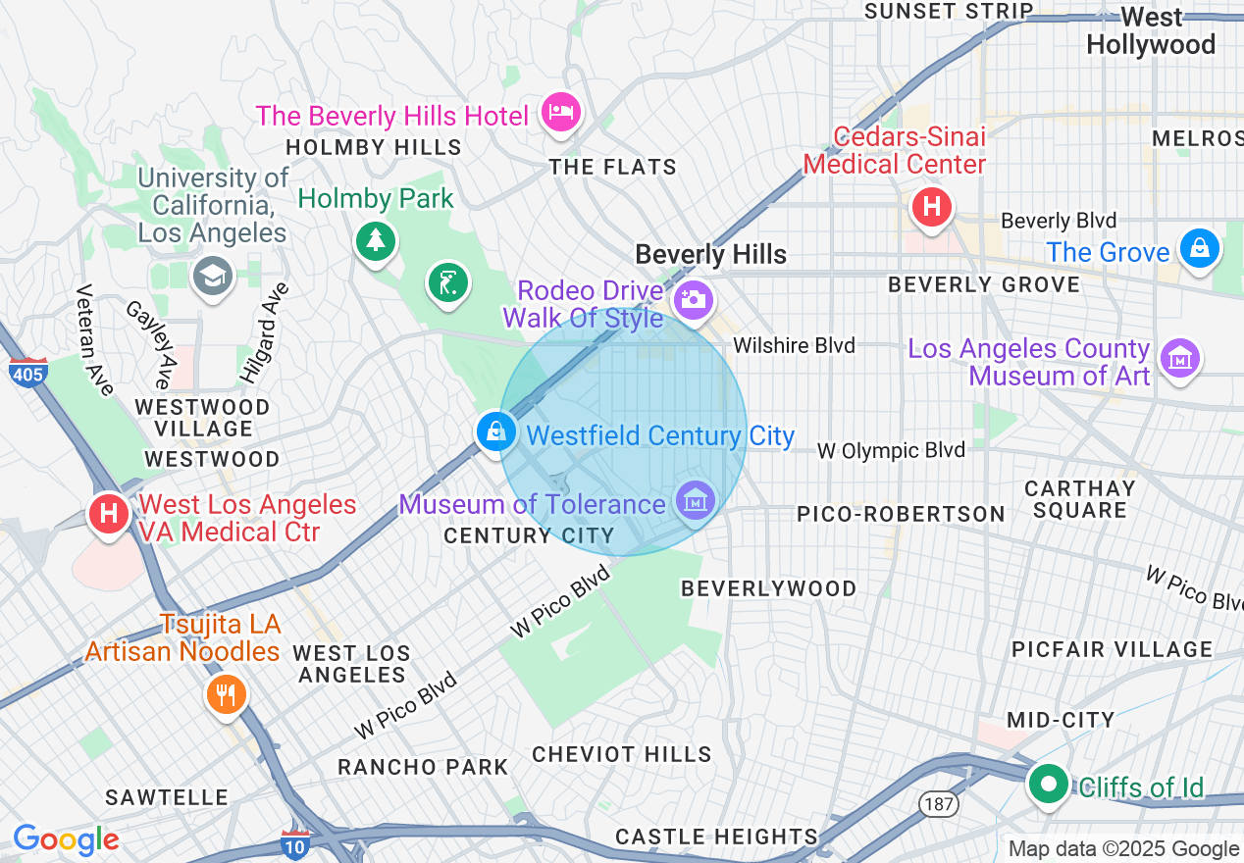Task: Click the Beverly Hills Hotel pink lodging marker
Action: [x=561, y=112]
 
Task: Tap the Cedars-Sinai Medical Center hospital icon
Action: [x=931, y=207]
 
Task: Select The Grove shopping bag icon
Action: [x=1199, y=248]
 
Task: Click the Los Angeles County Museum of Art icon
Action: [x=1180, y=358]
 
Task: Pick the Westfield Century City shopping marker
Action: [x=496, y=431]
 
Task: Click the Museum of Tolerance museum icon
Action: [x=696, y=501]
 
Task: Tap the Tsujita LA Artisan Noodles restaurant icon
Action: [x=227, y=695]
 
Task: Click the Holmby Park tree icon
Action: [x=375, y=240]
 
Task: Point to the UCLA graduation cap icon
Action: [x=212, y=276]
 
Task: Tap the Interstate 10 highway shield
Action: [x=294, y=842]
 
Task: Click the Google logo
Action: [x=66, y=839]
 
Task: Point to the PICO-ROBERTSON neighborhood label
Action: [x=901, y=514]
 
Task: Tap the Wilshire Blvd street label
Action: [x=794, y=345]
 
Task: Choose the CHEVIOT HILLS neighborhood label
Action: [x=622, y=754]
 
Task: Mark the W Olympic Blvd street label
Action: [x=892, y=450]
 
